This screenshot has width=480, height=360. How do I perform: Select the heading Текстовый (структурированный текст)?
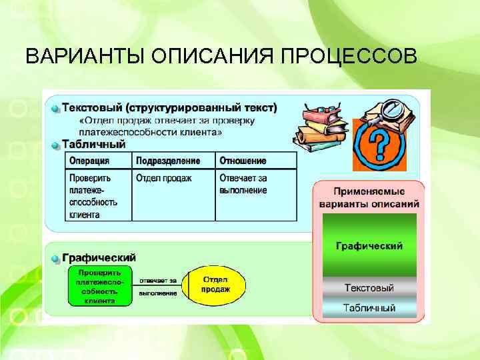[x=169, y=107]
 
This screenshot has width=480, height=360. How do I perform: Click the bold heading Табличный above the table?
[x=93, y=144]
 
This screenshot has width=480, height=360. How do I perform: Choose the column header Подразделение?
[x=168, y=161]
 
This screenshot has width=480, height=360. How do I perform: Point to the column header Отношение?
[x=243, y=161]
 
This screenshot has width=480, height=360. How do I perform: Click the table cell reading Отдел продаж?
[x=164, y=179]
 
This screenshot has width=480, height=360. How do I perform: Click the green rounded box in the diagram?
[x=99, y=287]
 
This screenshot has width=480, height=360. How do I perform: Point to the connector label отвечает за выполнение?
[x=158, y=287]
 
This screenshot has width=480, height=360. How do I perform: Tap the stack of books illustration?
[x=321, y=127]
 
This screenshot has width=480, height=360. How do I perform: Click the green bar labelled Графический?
[x=369, y=246]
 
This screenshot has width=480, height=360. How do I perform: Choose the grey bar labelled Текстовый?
[x=369, y=288]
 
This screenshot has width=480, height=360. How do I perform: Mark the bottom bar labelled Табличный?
[x=369, y=308]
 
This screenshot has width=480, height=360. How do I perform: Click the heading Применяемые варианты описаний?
[x=369, y=197]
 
